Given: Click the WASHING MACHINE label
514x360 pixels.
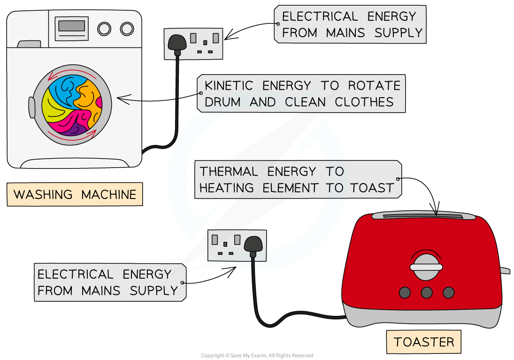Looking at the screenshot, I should [75, 194].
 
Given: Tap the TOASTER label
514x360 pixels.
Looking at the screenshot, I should [424, 342].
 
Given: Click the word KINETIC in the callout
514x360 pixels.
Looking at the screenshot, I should [229, 86].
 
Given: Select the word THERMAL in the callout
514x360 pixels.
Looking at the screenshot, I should [229, 171].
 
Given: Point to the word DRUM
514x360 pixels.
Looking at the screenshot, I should [222, 102].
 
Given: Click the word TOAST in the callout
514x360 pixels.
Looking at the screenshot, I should [372, 188].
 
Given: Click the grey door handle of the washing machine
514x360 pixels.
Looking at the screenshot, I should [32, 107].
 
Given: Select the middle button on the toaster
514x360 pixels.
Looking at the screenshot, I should [426, 292].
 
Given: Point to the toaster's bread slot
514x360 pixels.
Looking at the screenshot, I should [423, 216].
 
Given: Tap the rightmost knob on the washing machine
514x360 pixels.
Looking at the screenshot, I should [127, 29].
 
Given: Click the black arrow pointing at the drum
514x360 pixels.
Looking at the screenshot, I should [129, 100].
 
